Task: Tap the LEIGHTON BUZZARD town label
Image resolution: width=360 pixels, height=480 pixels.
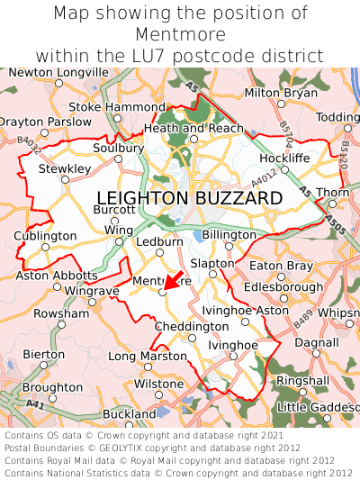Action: point(189,197)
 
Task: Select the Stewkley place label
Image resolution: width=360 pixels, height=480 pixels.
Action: point(64,168)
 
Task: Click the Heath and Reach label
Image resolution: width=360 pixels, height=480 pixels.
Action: point(193,129)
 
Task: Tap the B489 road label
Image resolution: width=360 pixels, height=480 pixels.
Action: point(302,316)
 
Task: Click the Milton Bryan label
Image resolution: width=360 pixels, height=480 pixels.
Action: point(282,93)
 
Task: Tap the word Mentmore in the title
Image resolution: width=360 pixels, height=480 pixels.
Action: point(180,34)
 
